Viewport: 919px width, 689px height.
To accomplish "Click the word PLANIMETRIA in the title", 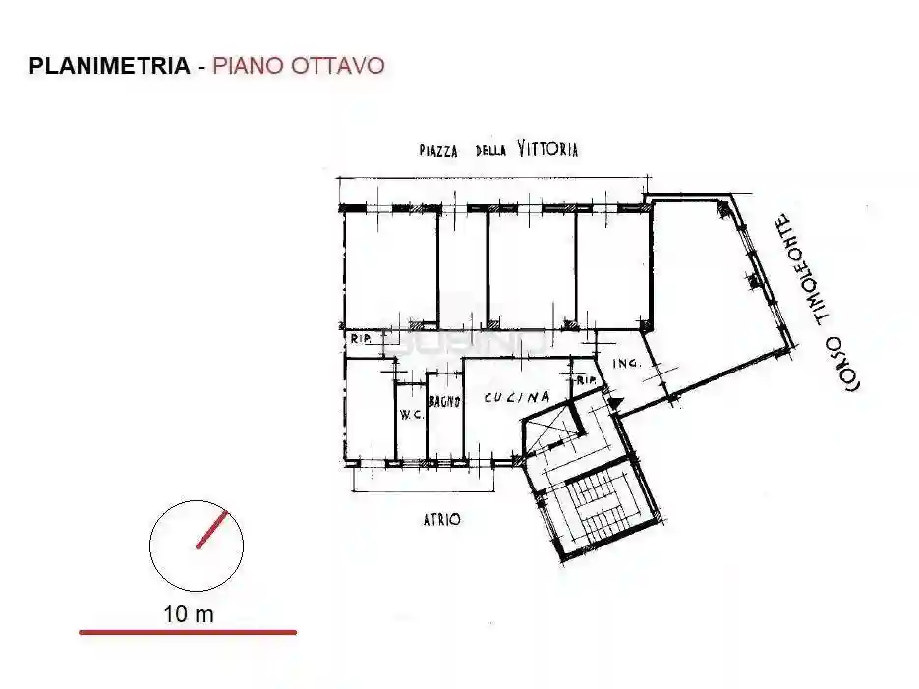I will click(x=109, y=66).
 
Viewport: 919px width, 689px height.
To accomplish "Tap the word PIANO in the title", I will click(x=246, y=66).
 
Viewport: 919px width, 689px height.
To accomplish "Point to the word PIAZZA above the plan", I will click(x=441, y=151).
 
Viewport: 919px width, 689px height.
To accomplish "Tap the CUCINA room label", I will click(x=515, y=398).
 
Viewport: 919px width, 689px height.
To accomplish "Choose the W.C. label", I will click(x=411, y=414).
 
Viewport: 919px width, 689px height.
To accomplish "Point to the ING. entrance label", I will click(x=626, y=364).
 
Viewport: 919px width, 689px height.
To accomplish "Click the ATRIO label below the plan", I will click(x=442, y=519).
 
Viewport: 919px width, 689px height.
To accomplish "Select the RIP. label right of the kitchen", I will click(x=588, y=380).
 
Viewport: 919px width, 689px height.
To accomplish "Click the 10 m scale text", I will click(x=189, y=615).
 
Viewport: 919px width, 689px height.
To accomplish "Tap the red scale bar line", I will click(x=187, y=632).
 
